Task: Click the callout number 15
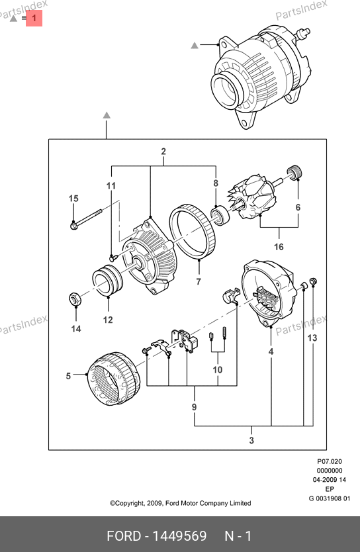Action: (73, 199)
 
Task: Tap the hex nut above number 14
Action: (75, 299)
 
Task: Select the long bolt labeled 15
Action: (86, 219)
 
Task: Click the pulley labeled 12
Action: (108, 281)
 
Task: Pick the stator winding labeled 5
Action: (114, 379)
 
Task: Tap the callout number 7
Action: (199, 281)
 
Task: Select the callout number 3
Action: (251, 440)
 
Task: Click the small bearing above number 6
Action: (294, 172)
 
